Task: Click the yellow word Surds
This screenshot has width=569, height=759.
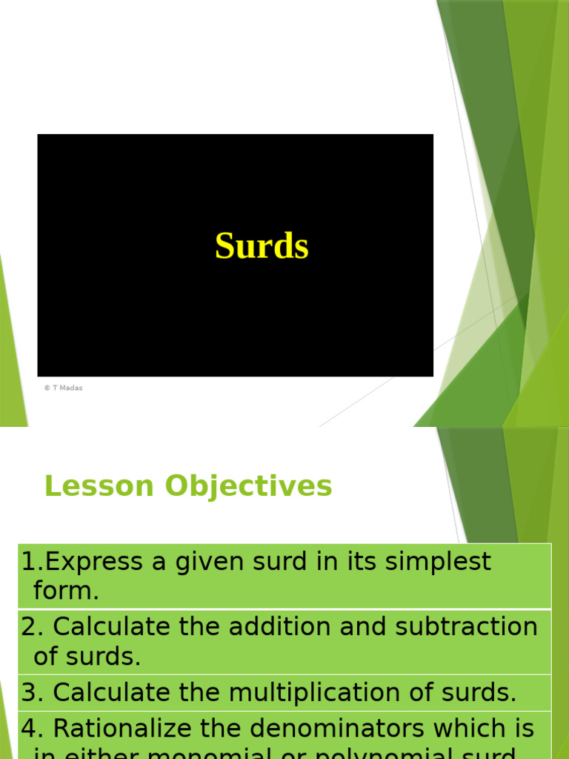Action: (x=262, y=247)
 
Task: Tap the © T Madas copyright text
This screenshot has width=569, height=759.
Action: (x=63, y=388)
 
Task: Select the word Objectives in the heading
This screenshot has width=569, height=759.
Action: (x=248, y=486)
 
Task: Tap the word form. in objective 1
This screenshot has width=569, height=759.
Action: (x=66, y=591)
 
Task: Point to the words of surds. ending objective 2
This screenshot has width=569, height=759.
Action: (x=87, y=657)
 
